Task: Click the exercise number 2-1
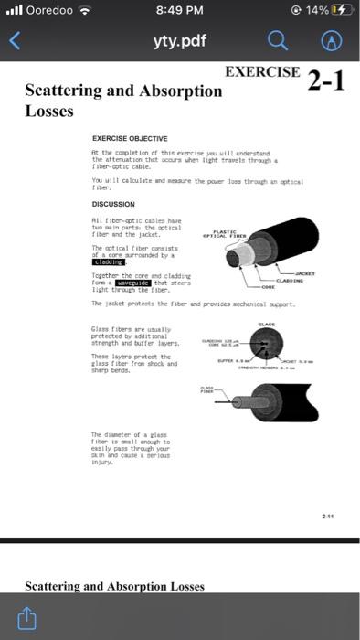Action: (326, 80)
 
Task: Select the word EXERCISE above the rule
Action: (262, 71)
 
